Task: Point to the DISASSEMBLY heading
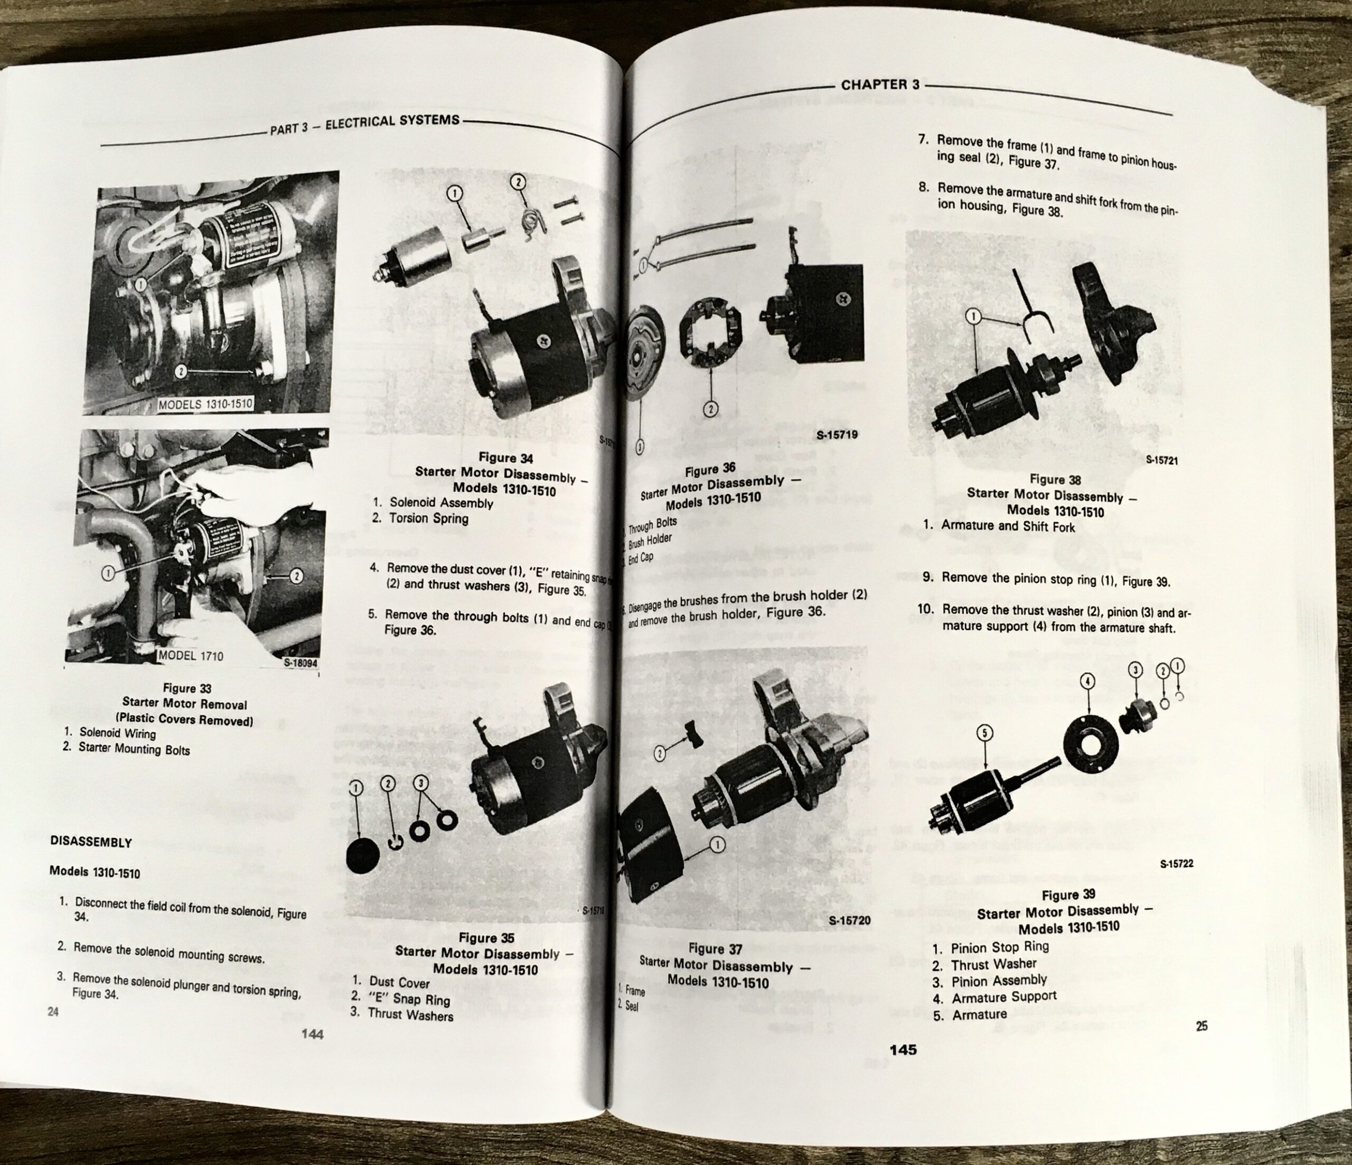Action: click(x=91, y=842)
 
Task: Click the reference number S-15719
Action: click(x=837, y=433)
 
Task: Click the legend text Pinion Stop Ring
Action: click(x=1000, y=947)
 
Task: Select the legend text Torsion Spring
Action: click(x=429, y=518)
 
